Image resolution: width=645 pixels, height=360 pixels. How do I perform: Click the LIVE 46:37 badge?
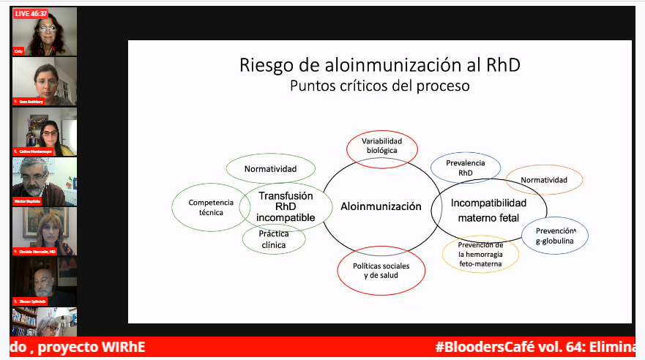30,14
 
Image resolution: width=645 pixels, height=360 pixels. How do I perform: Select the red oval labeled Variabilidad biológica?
381,146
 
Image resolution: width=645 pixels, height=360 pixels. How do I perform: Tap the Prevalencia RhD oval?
466,168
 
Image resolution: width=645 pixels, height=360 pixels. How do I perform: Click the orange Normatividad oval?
544,180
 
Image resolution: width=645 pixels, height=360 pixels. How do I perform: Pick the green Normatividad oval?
270,169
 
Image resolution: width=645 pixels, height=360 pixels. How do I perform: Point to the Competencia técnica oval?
210,207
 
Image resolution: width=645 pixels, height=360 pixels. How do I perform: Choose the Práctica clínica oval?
273,239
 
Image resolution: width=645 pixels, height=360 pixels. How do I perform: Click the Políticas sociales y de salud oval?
381,270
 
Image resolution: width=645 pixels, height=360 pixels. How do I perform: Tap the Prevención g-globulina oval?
555,236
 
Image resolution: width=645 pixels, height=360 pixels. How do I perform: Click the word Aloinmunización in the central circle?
381,206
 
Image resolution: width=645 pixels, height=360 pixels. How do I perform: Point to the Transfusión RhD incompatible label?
285,206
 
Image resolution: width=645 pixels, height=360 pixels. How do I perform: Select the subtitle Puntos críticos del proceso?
379,86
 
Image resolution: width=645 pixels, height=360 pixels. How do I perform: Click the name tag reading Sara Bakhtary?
31,102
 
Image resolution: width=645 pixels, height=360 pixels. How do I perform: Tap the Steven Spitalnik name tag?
33,301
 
